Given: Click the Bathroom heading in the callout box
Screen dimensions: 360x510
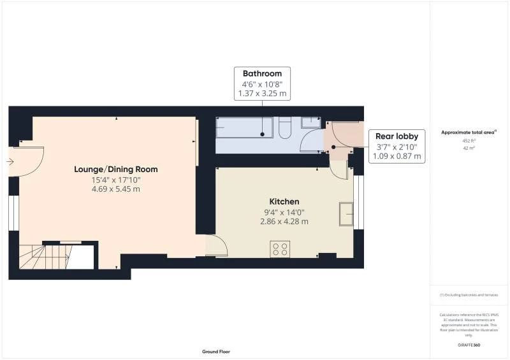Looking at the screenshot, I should (262, 74).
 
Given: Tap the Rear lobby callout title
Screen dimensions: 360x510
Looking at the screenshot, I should (396, 136).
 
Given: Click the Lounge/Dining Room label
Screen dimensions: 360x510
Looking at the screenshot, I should (116, 169).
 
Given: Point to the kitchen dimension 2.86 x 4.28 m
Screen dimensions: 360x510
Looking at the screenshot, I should (284, 222).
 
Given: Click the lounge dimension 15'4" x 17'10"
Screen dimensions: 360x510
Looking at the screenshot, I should (116, 180).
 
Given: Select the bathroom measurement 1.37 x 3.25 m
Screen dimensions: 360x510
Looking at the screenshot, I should (262, 94).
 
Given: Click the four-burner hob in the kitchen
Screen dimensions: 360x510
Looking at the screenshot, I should (280, 248).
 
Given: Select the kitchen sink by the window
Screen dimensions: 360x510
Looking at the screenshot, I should (346, 214).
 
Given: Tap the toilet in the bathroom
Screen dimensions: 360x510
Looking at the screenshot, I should (286, 130).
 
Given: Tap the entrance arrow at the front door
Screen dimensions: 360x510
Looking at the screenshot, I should (10, 162).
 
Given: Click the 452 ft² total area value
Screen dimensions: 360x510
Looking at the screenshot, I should (469, 140).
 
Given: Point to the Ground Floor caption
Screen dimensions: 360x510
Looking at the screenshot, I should (216, 352).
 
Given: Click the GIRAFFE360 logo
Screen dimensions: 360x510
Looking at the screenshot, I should (469, 345).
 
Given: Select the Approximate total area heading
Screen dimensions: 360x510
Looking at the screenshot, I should (469, 132).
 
